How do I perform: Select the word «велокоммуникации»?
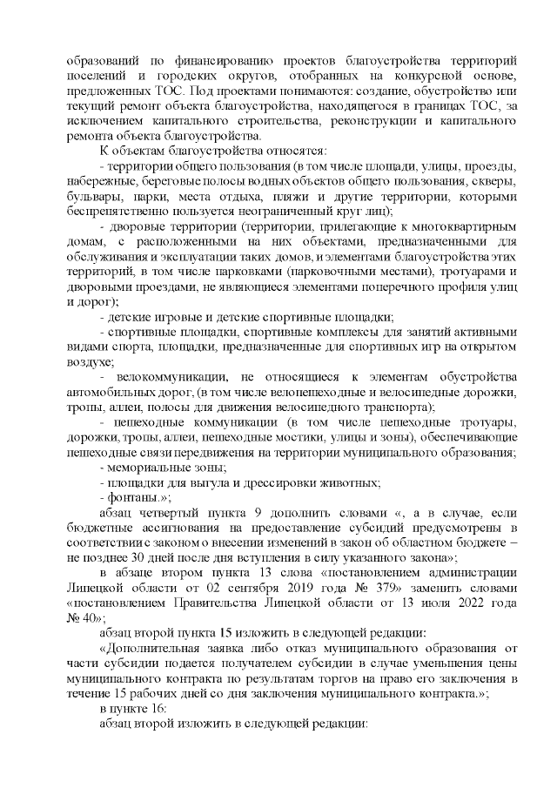pyautogui.click(x=173, y=377)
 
